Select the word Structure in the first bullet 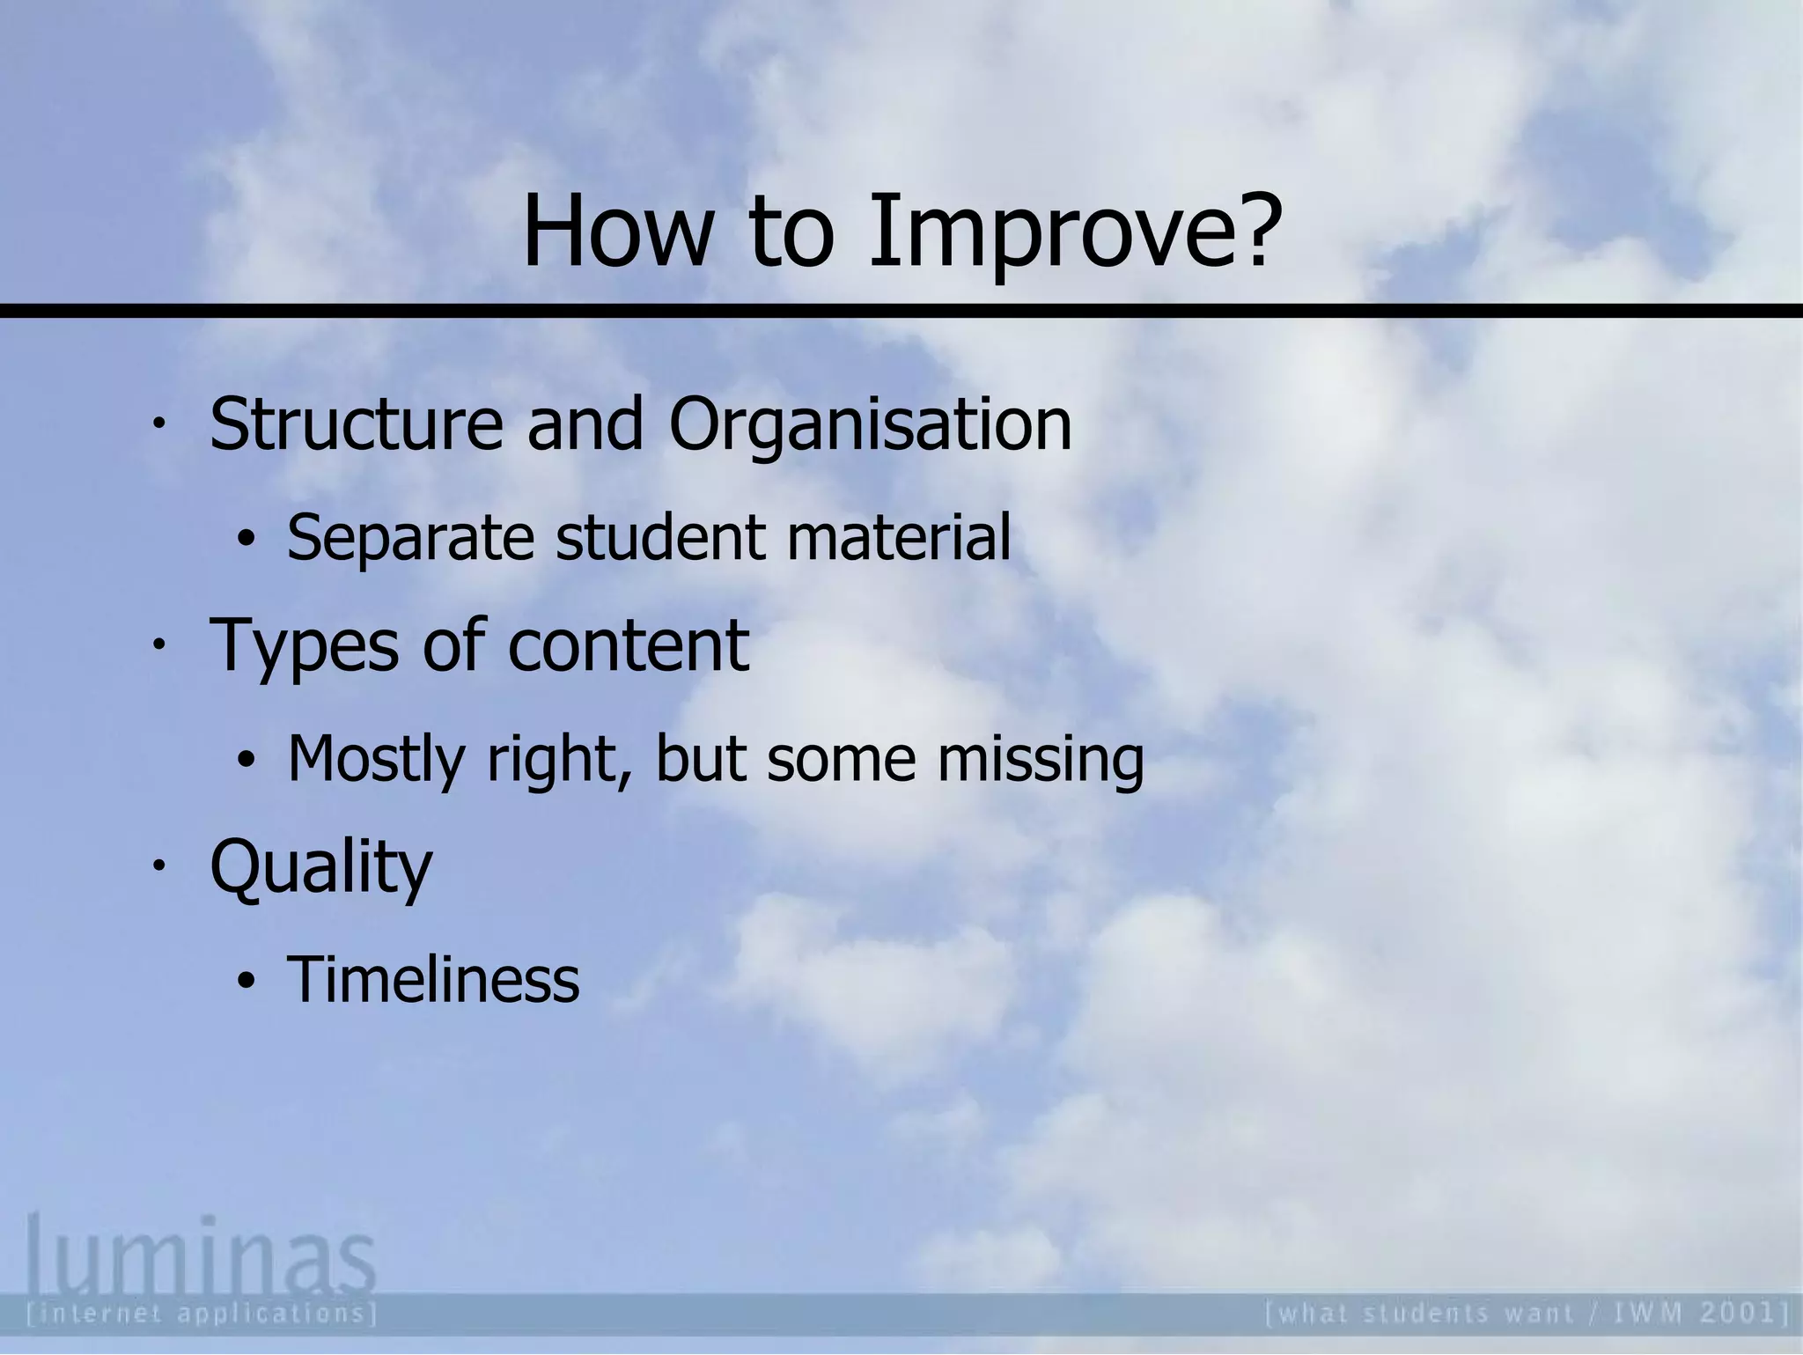click(x=356, y=424)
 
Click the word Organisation click(x=870, y=426)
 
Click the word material click(x=898, y=537)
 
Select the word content click(x=629, y=645)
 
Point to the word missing click(x=1041, y=760)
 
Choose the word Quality click(x=321, y=868)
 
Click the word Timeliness click(x=433, y=979)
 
